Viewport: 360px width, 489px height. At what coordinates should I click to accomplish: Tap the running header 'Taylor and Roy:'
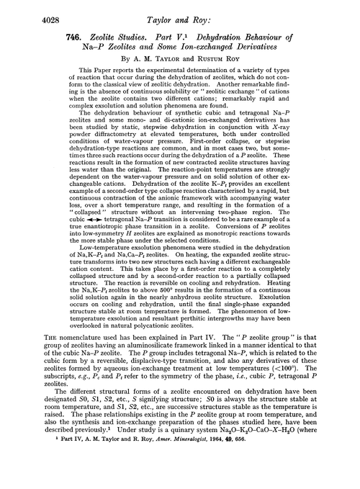click(181, 10)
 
